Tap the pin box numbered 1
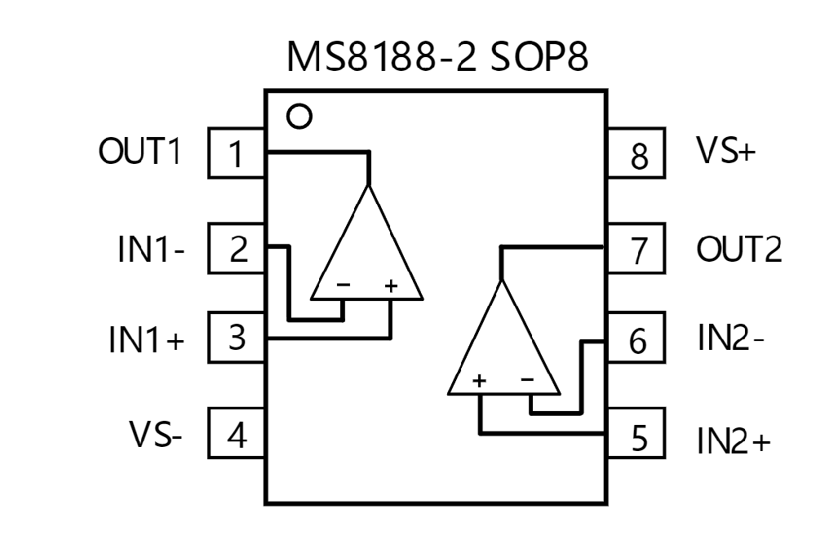[237, 153]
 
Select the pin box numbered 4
[237, 433]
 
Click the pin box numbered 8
[636, 153]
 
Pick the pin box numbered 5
[636, 433]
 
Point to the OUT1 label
[140, 151]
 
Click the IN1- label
[151, 249]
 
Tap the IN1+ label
[146, 339]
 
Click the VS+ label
[725, 150]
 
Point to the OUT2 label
[739, 249]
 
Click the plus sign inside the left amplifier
[391, 285]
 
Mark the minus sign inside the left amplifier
[344, 284]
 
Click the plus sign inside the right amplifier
[479, 381]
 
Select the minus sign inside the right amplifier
[527, 379]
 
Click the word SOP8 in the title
[539, 56]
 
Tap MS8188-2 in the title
[381, 56]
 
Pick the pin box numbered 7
[636, 249]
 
